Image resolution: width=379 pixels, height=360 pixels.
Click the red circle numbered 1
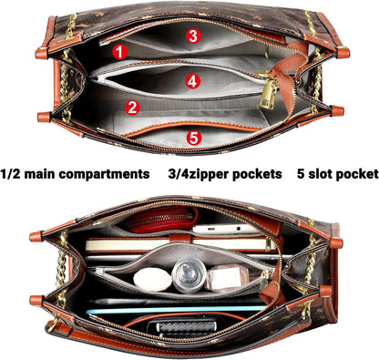120,52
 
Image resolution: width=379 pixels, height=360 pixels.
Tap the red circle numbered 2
132,108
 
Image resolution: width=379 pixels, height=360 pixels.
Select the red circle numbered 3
193,36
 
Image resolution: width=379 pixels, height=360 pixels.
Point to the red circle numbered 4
193,81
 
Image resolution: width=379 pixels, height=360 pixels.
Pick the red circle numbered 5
194,138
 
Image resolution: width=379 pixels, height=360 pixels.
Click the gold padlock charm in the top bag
267,96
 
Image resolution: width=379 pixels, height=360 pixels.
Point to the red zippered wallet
162,220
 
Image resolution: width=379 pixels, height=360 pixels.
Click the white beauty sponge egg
152,279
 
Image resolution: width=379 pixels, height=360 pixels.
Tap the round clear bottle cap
189,274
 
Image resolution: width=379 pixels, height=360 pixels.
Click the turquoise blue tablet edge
176,310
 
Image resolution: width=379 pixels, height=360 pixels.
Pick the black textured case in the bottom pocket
182,327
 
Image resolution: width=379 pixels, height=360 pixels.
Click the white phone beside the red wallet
227,230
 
